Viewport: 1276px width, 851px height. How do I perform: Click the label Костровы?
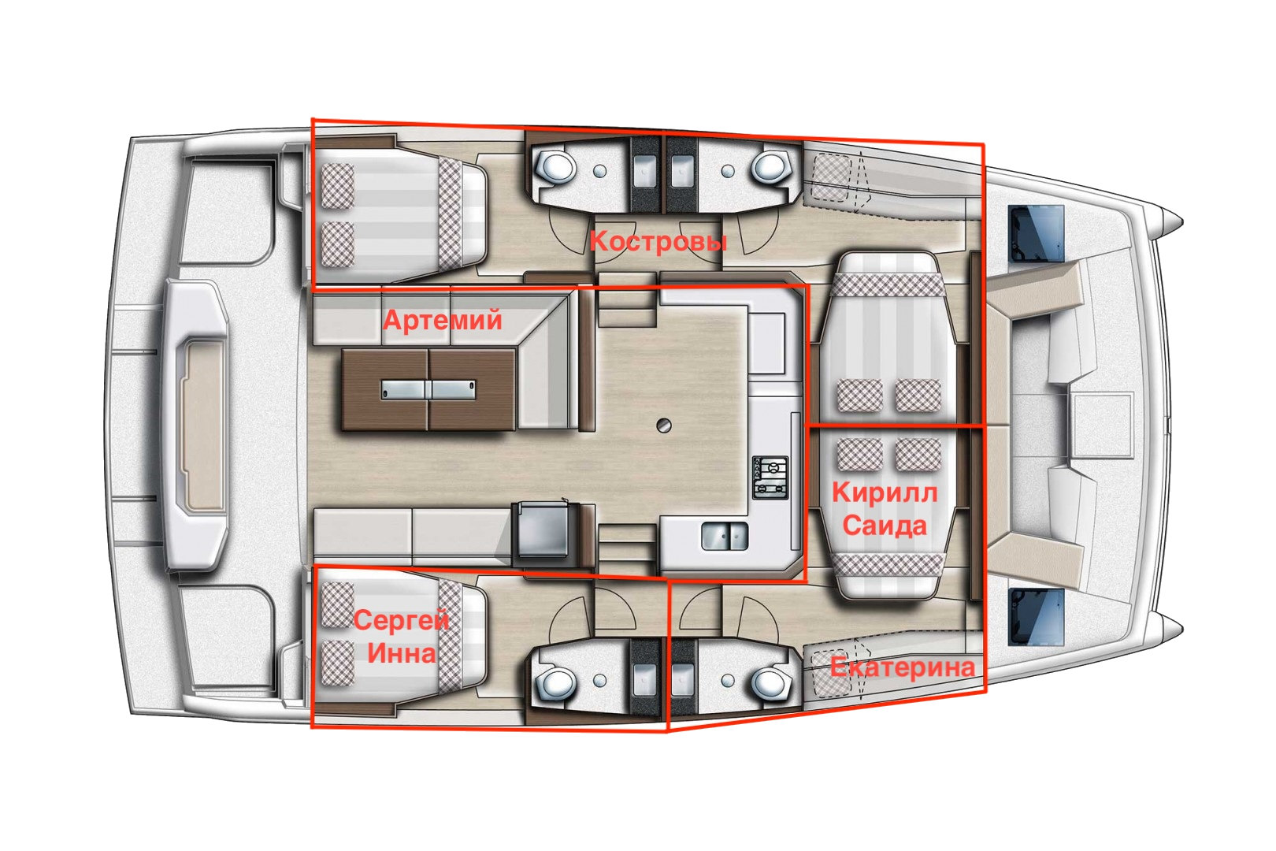pos(658,242)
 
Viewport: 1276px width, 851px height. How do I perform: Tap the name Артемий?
pos(443,319)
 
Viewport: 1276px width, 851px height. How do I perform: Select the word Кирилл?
pos(885,493)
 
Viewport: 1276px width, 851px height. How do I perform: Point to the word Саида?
pos(885,526)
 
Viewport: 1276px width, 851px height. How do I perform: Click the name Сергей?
pos(402,620)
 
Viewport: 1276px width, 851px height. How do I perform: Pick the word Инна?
pos(402,653)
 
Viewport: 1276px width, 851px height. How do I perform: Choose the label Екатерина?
pos(903,667)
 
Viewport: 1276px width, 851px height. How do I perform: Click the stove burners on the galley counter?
pos(770,478)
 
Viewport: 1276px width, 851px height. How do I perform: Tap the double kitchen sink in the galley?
pos(725,537)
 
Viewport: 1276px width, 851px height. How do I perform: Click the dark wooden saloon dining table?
pos(428,390)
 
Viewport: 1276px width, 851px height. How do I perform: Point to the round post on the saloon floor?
pos(664,425)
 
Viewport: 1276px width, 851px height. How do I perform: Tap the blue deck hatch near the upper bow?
pos(1037,234)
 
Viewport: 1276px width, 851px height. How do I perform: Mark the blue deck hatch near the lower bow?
pos(1037,617)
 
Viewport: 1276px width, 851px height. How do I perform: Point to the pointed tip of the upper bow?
pos(1183,221)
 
